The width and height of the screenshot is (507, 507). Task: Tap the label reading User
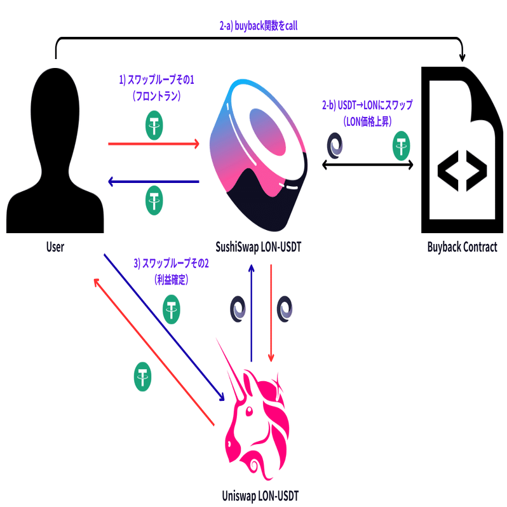click(55, 247)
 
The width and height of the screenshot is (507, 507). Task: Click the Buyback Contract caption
click(461, 247)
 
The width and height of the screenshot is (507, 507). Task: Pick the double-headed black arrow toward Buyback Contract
click(368, 165)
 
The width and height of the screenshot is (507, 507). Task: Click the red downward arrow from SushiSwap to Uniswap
click(272, 312)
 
